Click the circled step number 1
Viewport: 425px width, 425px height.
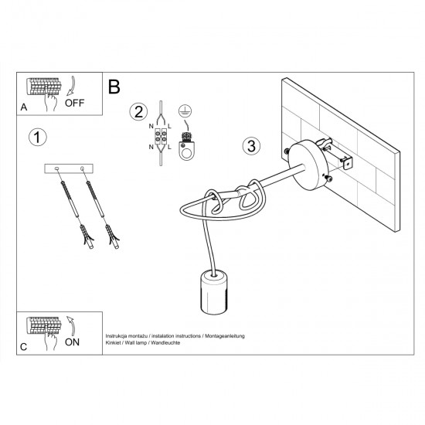(36, 138)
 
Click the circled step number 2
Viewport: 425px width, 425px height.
(138, 111)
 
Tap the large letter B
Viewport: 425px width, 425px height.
(114, 87)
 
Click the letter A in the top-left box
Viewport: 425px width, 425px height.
(25, 107)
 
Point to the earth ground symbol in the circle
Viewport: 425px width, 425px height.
(184, 110)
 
